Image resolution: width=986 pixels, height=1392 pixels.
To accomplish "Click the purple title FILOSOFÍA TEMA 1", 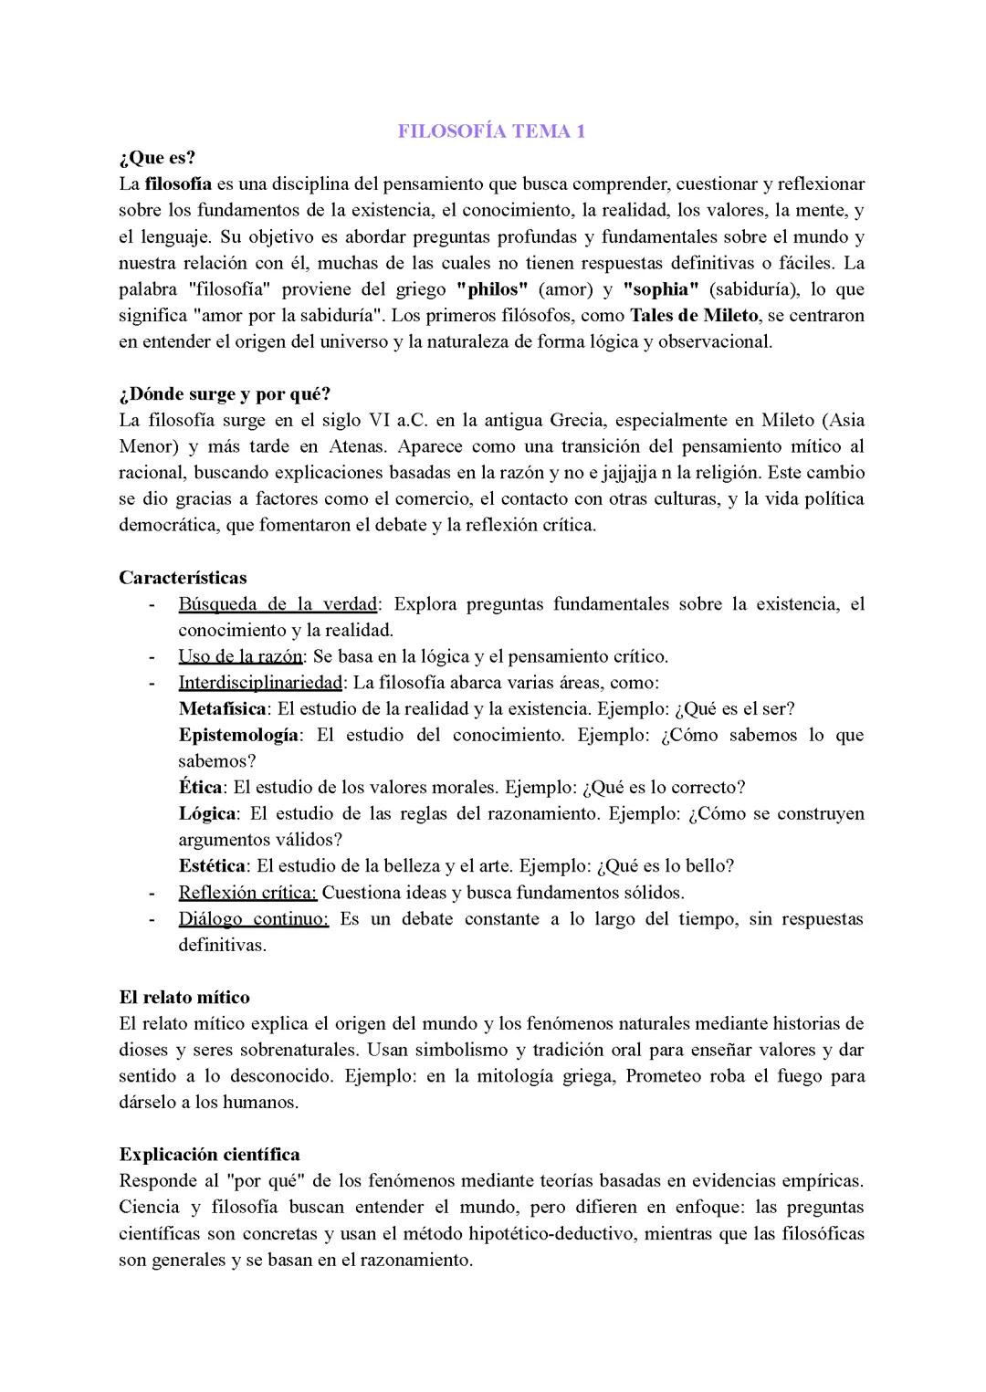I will click(x=491, y=131).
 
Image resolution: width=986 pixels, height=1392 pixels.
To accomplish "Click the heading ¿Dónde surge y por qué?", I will click(x=225, y=394).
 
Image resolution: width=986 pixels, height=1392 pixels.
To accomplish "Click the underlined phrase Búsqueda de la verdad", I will click(x=278, y=604).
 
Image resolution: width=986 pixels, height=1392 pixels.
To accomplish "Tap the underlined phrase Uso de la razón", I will click(x=240, y=656).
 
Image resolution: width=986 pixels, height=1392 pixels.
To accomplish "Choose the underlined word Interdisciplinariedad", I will click(x=260, y=683).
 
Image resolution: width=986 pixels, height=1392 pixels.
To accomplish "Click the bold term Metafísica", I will click(x=223, y=709).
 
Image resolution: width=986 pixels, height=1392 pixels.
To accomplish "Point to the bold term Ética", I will click(x=200, y=788).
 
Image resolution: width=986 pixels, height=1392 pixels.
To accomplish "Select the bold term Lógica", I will click(x=208, y=813).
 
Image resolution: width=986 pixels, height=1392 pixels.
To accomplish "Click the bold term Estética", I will click(x=212, y=866).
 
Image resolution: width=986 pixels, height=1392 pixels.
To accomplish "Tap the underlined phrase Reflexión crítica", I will click(x=247, y=893).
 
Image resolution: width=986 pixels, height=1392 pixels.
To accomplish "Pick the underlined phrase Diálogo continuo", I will click(x=253, y=919).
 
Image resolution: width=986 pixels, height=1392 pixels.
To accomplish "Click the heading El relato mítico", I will click(x=184, y=998).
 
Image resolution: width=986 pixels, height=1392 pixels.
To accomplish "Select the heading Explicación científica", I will click(x=209, y=1155).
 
